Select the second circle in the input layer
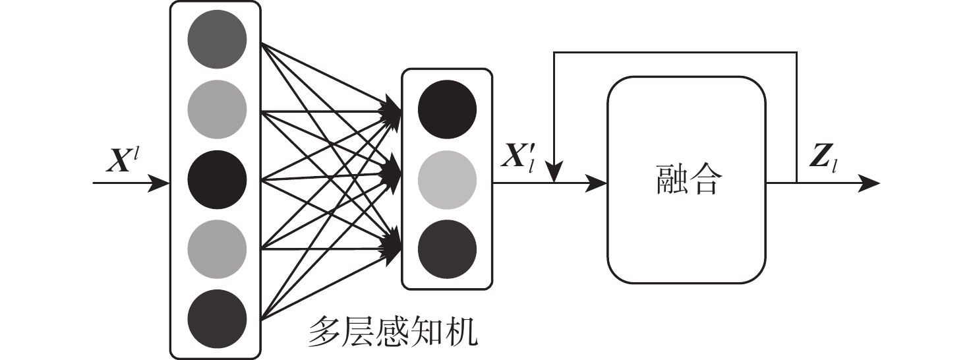coord(217,109)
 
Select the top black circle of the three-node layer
coord(447,109)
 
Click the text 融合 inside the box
coord(686,180)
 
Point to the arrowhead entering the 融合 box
coord(597,183)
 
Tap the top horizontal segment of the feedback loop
coord(676,52)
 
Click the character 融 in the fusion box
coord(671,180)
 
